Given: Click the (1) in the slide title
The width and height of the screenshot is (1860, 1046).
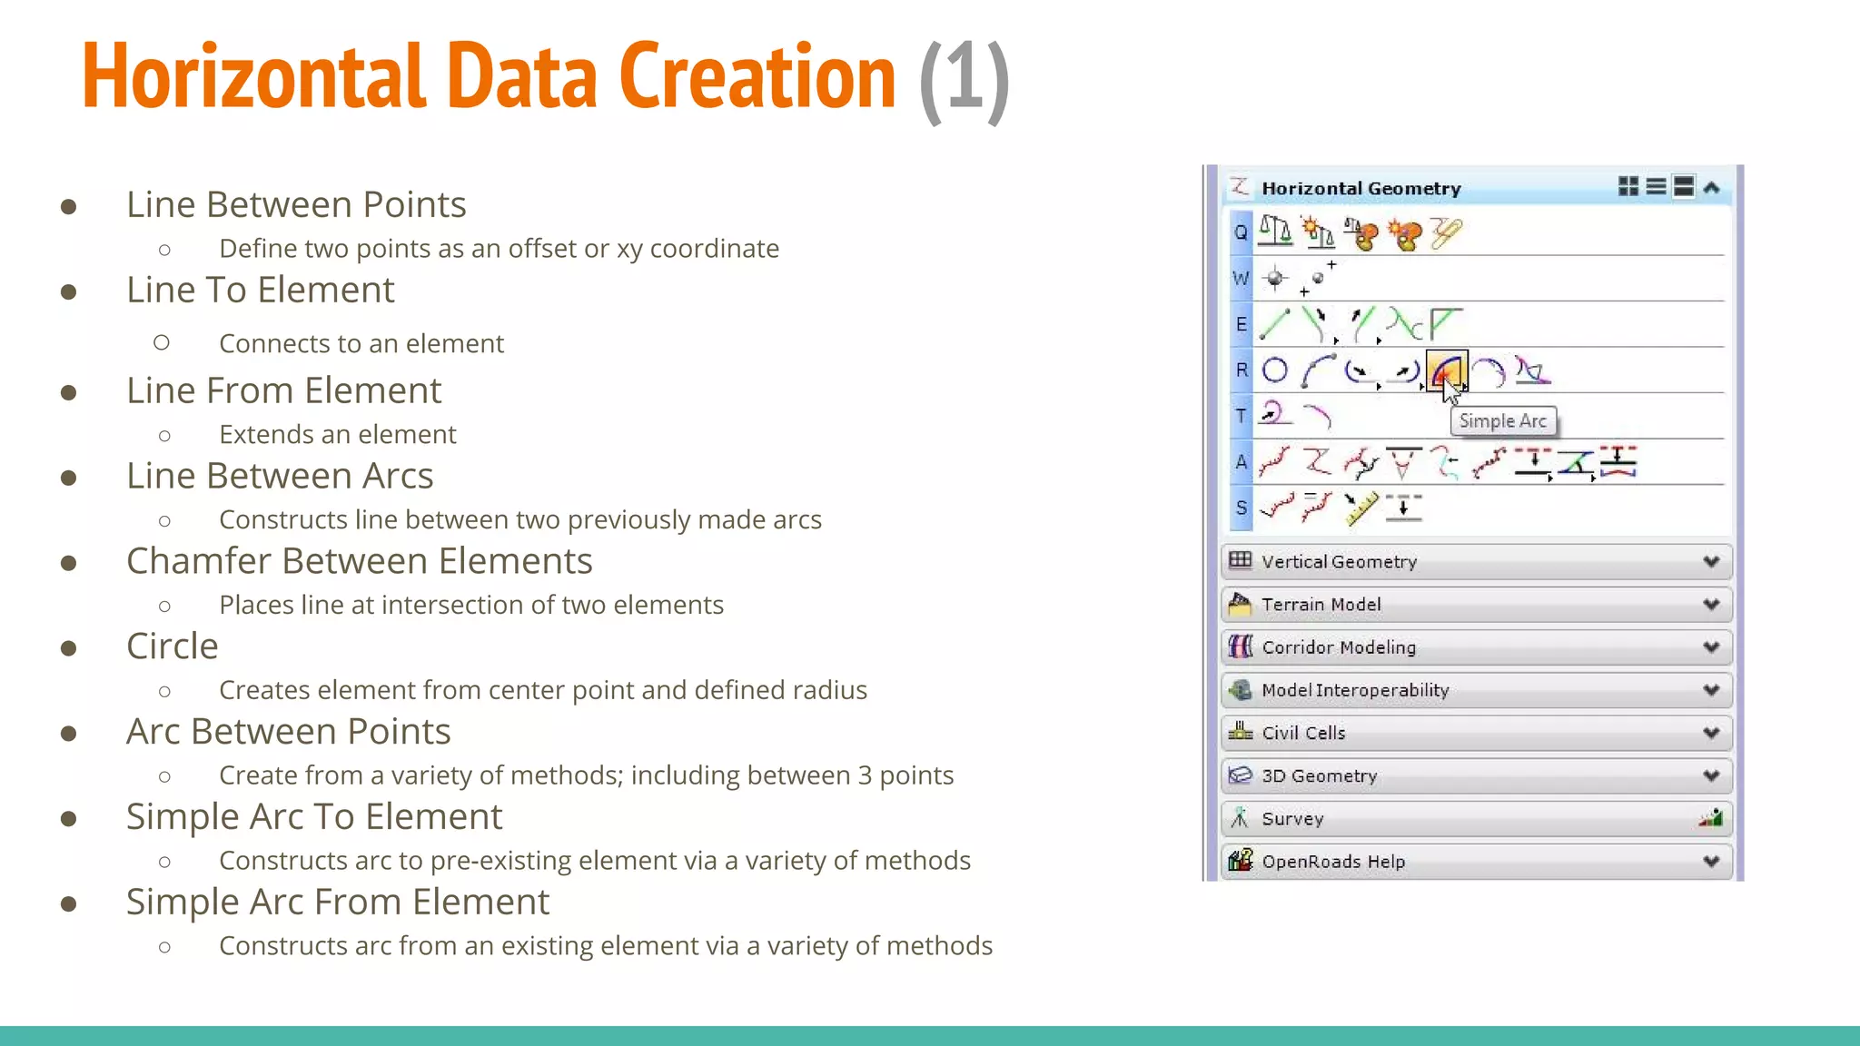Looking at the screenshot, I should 964,78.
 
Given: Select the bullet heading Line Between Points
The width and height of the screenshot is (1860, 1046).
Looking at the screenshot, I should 296,204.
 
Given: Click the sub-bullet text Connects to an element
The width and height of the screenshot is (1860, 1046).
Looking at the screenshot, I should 361,343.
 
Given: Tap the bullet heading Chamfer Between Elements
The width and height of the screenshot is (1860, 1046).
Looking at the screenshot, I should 359,561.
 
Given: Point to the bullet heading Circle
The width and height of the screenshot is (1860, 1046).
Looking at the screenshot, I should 172,646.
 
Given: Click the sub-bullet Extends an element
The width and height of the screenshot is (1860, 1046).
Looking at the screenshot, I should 337,434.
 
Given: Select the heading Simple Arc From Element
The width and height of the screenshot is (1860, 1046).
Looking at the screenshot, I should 337,902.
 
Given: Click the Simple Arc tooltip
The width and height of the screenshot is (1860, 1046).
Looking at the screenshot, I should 1502,421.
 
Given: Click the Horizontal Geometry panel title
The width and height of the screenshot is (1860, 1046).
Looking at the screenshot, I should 1360,189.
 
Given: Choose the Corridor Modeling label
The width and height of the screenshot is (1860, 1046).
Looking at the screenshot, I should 1338,647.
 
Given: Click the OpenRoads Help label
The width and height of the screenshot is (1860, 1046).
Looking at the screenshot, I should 1332,862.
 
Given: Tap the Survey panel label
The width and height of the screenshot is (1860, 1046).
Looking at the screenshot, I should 1291,819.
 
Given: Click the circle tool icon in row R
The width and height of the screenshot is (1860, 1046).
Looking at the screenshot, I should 1275,370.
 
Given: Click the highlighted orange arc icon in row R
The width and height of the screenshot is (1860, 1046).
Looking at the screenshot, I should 1446,370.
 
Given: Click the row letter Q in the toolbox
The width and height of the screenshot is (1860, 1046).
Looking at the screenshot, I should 1241,232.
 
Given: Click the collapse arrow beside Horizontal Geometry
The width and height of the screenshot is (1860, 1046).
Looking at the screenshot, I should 1712,188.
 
